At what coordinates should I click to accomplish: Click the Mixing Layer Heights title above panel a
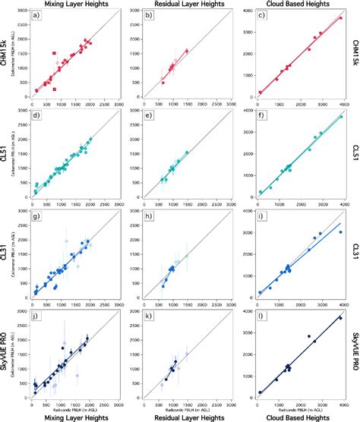coord(74,5)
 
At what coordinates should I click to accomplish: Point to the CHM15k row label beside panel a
coord(5,57)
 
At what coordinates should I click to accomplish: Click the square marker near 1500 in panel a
coord(54,53)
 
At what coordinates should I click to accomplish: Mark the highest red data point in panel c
coord(341,17)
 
